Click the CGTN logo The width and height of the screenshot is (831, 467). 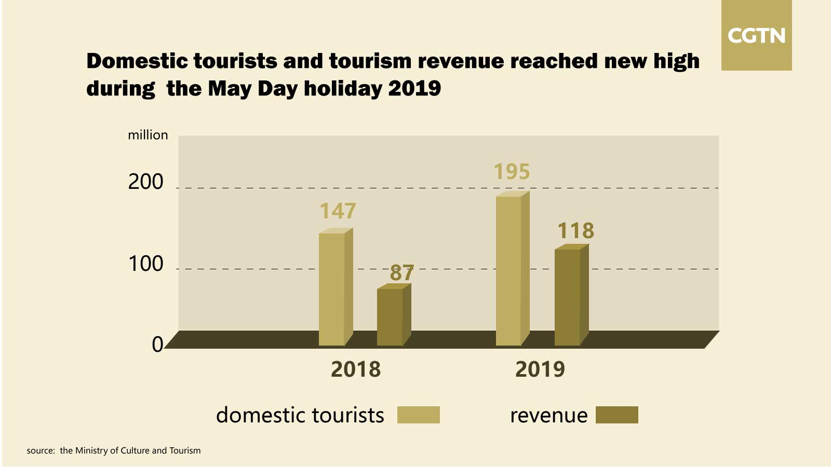click(x=756, y=36)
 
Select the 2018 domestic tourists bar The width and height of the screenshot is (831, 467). click(x=331, y=289)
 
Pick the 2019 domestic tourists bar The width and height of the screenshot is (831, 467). click(x=508, y=270)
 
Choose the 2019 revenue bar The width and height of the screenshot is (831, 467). click(x=567, y=297)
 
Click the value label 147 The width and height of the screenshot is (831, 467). click(x=338, y=211)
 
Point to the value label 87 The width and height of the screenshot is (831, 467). click(x=402, y=273)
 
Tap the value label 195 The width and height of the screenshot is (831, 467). click(x=512, y=172)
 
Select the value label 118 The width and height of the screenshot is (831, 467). click(x=575, y=231)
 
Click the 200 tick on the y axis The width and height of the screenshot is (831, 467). click(x=145, y=182)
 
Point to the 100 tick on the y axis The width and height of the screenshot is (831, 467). click(x=145, y=264)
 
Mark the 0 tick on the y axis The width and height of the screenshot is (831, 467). click(x=157, y=345)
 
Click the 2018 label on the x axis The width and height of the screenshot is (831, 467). click(x=356, y=369)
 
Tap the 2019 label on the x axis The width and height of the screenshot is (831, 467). click(x=540, y=369)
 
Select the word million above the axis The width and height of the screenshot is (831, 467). click(x=148, y=135)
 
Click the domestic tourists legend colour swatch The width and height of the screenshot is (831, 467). click(x=418, y=415)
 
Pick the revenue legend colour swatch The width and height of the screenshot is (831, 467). click(x=616, y=415)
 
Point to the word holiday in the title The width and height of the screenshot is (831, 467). click(x=342, y=89)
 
